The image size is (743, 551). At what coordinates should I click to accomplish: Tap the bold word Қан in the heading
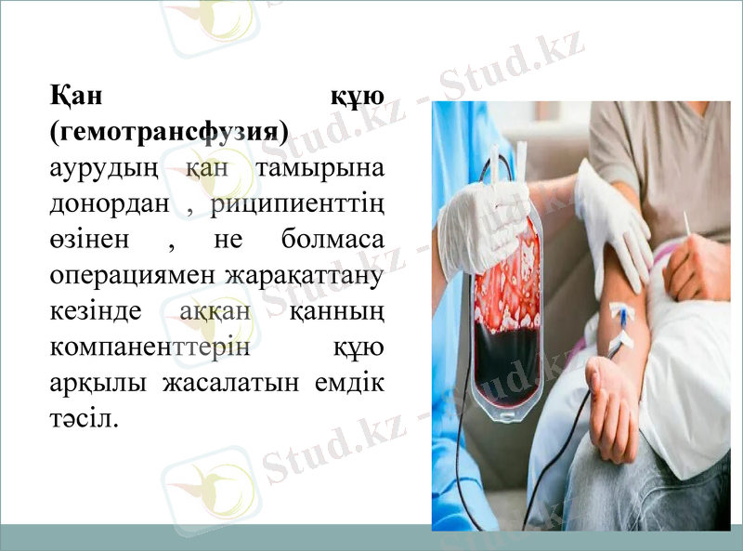tap(80, 97)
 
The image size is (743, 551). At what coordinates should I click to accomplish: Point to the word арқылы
tap(94, 382)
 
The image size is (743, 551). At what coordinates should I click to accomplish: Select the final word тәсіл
tap(84, 417)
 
